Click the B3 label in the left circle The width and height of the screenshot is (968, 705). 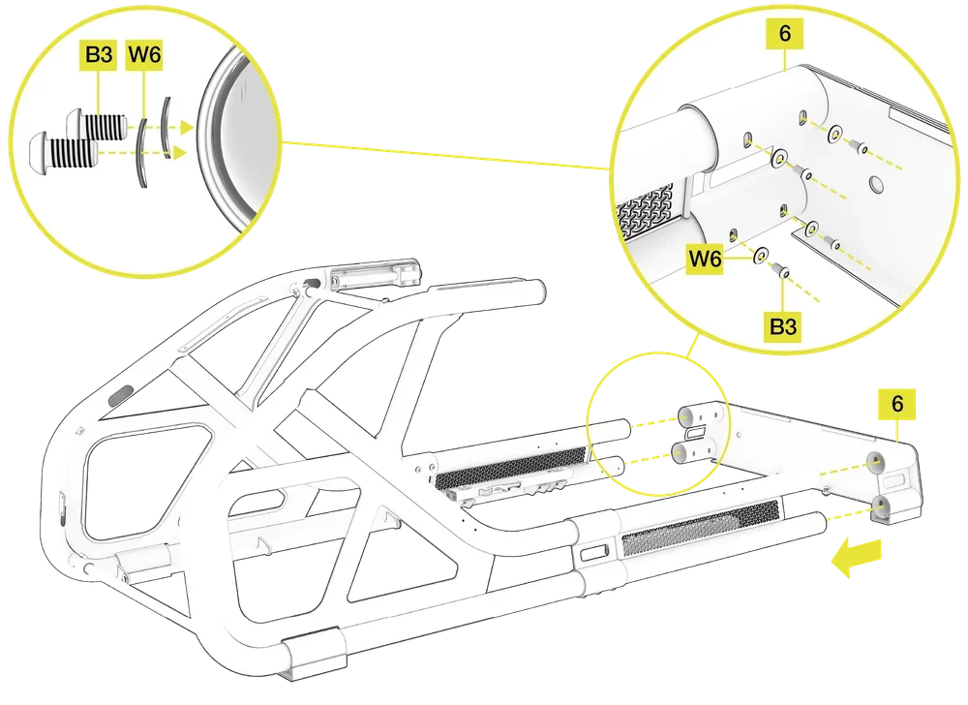[x=98, y=55]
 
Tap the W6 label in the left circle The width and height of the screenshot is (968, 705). [x=144, y=55]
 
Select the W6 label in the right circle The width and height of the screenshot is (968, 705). [x=705, y=258]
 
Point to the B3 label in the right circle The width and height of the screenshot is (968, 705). [x=783, y=325]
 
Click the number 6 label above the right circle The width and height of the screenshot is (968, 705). [x=785, y=33]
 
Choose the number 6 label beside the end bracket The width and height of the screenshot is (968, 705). [x=897, y=404]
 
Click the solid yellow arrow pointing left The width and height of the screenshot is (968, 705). [x=857, y=556]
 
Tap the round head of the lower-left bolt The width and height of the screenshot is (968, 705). [x=41, y=151]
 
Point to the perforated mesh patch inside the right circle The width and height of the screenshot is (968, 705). [x=645, y=210]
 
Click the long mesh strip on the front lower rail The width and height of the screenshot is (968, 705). [x=701, y=527]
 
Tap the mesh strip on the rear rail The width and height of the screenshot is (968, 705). [x=511, y=464]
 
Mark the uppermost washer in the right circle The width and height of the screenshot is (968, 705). [x=836, y=134]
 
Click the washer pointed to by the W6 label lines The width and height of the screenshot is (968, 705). [x=760, y=254]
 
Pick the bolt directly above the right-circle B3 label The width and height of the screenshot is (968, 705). [x=780, y=270]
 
